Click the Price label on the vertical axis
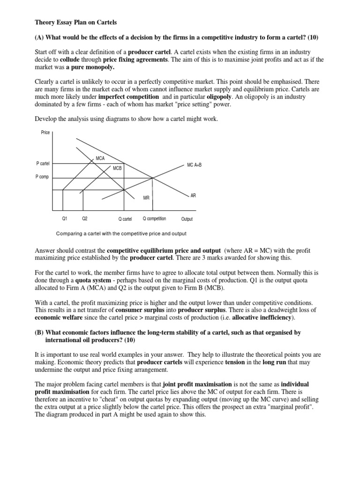(45, 133)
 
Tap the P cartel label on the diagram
(43, 163)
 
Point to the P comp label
(42, 177)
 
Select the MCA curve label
(100, 158)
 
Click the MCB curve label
(117, 167)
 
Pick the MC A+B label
(194, 165)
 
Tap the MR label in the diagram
(146, 198)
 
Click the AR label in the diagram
(193, 195)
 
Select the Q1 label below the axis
(65, 219)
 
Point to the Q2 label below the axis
(84, 219)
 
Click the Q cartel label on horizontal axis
(125, 219)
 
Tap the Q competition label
(154, 219)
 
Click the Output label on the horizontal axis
(187, 219)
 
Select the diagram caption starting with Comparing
(121, 233)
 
